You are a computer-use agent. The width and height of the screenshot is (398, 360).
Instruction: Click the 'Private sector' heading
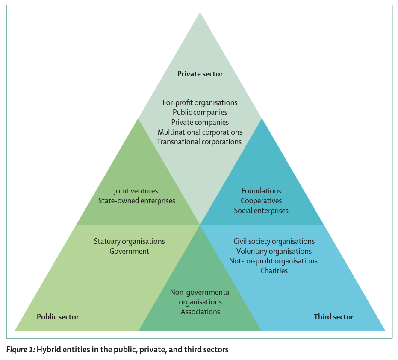tap(200, 74)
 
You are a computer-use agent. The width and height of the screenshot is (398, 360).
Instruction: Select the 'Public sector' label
tap(58, 317)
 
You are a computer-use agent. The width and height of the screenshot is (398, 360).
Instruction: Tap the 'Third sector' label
tap(333, 317)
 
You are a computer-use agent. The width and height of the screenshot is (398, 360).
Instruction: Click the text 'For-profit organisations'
tap(200, 102)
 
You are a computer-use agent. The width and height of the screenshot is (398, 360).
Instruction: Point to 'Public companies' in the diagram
tap(200, 112)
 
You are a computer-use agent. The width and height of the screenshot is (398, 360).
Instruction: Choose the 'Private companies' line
tap(200, 122)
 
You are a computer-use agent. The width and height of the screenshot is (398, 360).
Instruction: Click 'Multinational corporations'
tap(200, 132)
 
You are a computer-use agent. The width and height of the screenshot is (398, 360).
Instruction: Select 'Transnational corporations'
tap(199, 142)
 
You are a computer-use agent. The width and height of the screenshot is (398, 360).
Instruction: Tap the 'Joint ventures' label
tap(136, 191)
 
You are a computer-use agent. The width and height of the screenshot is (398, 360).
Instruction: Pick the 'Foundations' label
tap(261, 191)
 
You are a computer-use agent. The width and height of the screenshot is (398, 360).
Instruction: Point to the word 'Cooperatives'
tap(261, 201)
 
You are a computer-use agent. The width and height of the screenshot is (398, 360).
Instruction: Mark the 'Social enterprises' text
tap(261, 211)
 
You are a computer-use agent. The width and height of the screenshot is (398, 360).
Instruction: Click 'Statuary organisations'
tap(129, 242)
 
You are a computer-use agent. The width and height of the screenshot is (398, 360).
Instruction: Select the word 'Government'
tap(129, 252)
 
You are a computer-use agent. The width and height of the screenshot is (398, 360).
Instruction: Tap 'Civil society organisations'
tap(274, 242)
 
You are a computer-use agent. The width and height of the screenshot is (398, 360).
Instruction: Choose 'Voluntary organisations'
tap(274, 252)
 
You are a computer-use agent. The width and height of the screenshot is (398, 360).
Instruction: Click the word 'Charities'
tap(274, 271)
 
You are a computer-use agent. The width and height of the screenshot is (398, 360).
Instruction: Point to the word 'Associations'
tap(200, 312)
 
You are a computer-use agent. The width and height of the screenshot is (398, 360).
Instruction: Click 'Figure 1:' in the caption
tap(20, 350)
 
